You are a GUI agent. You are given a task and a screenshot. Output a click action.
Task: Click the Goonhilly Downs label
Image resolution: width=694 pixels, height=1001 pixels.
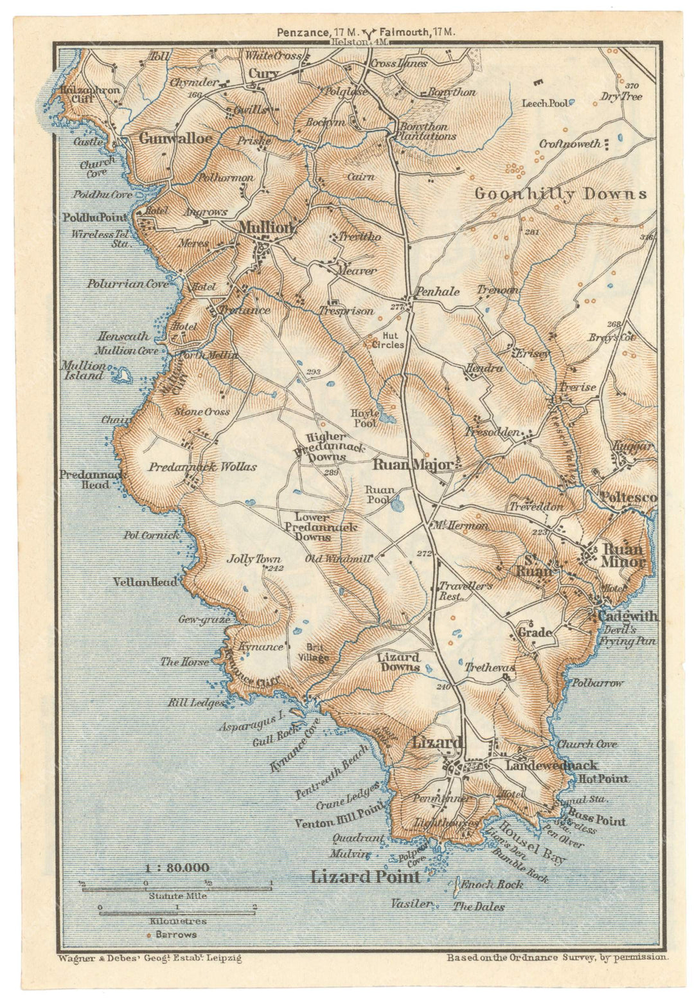[560, 194]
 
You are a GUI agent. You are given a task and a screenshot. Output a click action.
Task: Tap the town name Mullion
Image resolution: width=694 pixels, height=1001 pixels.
[266, 228]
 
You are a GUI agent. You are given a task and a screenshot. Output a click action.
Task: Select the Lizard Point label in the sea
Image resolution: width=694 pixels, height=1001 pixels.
[365, 877]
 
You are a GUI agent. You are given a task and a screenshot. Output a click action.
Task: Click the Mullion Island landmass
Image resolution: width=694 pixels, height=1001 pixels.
[120, 372]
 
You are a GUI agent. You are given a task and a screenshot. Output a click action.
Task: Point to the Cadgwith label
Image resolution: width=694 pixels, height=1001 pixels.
[628, 616]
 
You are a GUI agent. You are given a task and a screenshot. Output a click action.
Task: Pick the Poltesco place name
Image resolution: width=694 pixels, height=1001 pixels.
[628, 498]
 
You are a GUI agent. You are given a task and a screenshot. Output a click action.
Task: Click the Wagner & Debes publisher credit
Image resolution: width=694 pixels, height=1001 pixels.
[149, 958]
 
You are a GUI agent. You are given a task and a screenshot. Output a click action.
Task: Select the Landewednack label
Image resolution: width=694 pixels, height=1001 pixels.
[551, 765]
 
